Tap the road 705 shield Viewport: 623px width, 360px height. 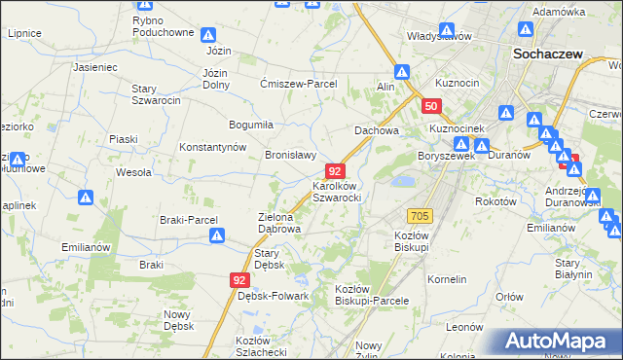[x=421, y=215]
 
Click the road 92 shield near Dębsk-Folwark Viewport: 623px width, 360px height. [x=239, y=279]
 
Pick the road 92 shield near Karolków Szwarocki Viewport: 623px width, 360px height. [x=334, y=170]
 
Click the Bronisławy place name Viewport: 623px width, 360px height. [x=291, y=155]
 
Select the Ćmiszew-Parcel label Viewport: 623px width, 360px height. [x=298, y=84]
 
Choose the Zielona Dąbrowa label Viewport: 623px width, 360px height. [x=278, y=223]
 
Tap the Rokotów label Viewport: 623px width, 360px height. [x=494, y=201]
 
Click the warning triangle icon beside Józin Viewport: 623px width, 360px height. [x=209, y=35]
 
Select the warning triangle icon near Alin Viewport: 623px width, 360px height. [x=402, y=70]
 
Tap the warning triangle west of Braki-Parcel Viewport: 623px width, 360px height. [x=86, y=198]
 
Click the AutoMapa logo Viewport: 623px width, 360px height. [x=560, y=342]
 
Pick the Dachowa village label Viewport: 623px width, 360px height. [x=377, y=130]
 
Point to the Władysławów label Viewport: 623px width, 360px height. [x=439, y=36]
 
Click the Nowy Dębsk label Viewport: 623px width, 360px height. [x=178, y=319]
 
